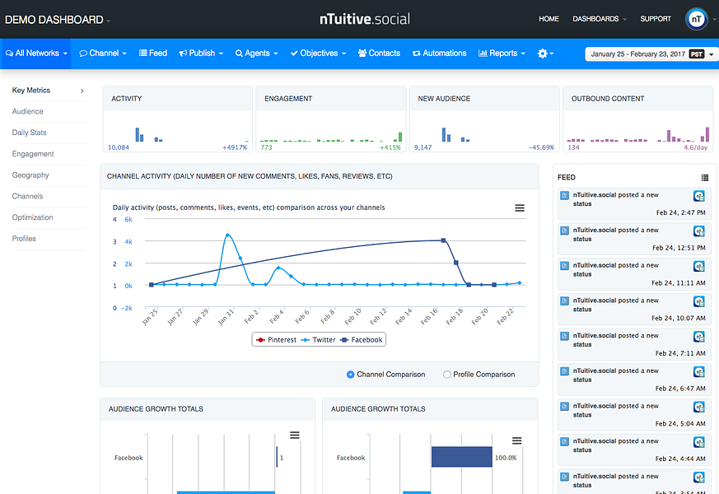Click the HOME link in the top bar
[549, 19]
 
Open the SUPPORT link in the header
[656, 19]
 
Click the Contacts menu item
[379, 54]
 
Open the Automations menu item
[440, 54]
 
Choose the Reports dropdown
[502, 54]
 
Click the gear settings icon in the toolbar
[544, 54]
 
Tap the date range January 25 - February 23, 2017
[638, 54]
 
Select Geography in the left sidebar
[30, 175]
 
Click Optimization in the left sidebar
[33, 217]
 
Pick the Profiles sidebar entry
[24, 239]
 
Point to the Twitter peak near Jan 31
[227, 235]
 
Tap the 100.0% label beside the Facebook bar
[505, 458]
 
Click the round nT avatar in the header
[696, 19]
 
